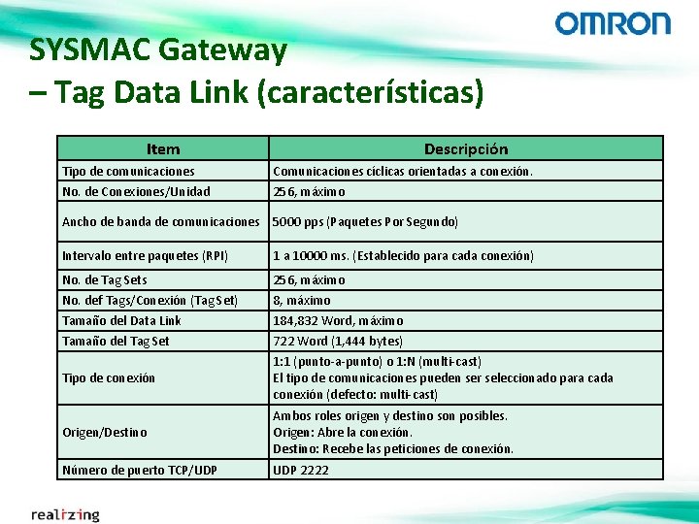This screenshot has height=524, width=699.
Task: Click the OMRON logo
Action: point(613,23)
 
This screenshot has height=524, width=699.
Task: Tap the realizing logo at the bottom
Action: point(65,513)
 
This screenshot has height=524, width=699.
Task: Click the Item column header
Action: point(162,148)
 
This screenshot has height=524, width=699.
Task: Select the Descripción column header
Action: point(466,148)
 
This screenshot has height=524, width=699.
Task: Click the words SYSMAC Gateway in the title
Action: point(158,49)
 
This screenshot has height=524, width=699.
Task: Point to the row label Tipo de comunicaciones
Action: point(128,171)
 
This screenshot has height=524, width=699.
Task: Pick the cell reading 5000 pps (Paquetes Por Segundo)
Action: point(365,222)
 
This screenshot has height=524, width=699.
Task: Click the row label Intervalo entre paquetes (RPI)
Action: point(146,256)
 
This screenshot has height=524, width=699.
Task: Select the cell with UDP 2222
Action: point(301,470)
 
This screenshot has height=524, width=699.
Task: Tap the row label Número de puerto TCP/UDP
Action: point(140,470)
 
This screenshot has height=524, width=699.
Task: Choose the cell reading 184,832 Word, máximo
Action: point(338,320)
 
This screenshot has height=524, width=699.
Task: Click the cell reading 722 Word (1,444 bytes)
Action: point(338,341)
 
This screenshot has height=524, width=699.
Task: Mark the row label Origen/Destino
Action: point(105,432)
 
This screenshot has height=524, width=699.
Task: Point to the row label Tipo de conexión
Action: point(109,377)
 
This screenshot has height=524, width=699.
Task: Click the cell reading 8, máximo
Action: point(302,300)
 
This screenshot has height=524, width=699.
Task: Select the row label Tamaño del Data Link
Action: point(121,320)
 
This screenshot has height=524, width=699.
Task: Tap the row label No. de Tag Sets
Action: point(105,279)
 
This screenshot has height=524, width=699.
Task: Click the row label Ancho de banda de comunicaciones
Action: point(161,222)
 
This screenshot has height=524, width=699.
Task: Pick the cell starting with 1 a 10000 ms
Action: point(403,256)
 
